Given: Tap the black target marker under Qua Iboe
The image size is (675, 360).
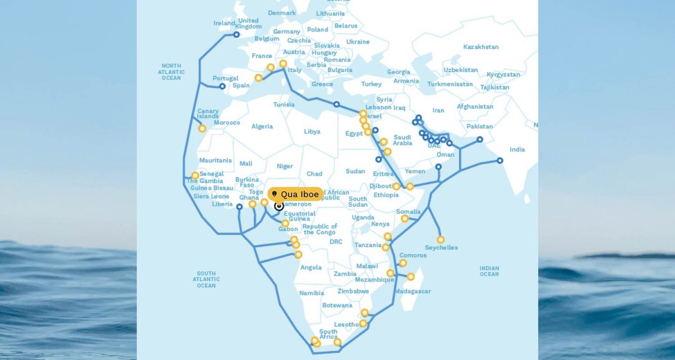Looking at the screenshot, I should pos(279,206).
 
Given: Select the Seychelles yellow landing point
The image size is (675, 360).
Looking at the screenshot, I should pos(440,240).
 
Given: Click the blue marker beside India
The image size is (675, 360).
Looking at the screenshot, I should pos(499,161).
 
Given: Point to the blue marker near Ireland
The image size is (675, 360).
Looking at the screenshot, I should pos(236,35).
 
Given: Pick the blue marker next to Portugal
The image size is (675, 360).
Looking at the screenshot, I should pos(222,87).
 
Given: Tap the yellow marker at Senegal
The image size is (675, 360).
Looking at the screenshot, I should pos(195,175).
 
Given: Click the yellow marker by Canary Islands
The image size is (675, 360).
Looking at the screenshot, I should pos(202,128).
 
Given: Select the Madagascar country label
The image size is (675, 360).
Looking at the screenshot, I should pos(412,291).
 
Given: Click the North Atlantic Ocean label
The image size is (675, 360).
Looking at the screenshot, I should pos(171,72).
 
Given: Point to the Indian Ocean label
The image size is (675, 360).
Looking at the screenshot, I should pos(489,271).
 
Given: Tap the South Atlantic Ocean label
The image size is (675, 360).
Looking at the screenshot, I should pos(206,279).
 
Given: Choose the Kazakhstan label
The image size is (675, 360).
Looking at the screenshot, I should pos(481,47).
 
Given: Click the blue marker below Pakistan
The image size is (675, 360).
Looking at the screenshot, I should pos(480,139).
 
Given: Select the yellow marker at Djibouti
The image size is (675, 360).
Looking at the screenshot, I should pos(397,186).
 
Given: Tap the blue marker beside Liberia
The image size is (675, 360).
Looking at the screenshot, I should pos(239,206).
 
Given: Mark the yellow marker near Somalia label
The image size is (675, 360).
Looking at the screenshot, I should pos(405,218).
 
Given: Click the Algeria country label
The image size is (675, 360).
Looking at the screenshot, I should pos(262,127).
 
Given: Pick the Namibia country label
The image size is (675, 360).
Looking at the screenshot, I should pos(312,293).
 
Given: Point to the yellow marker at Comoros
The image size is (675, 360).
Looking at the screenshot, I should pos(403,263).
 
